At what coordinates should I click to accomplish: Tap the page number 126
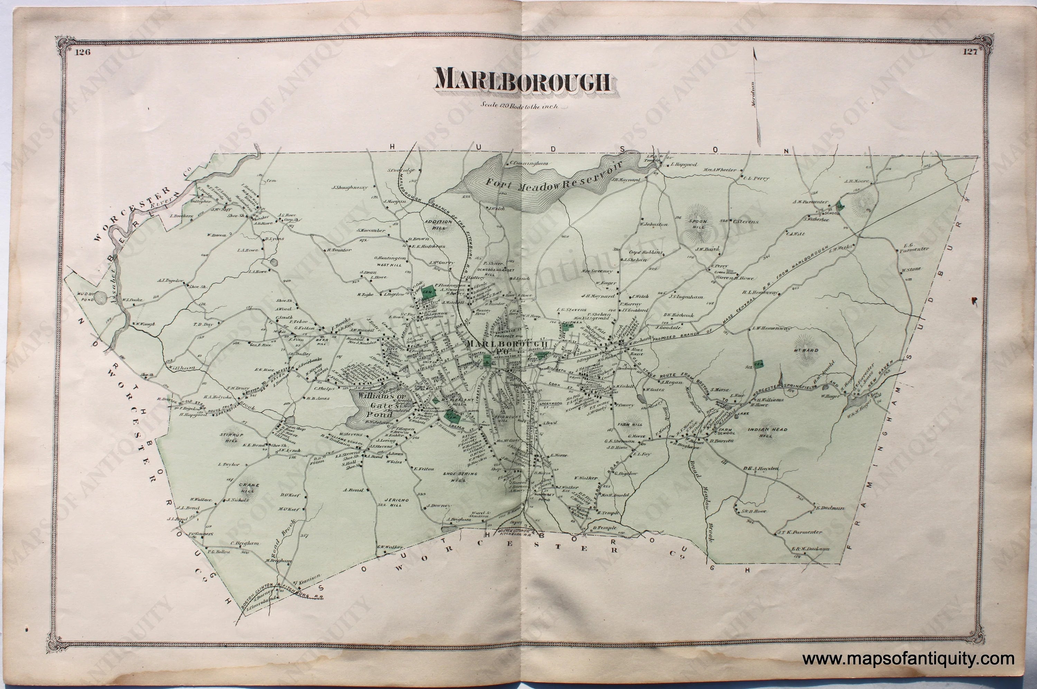point(83,52)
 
